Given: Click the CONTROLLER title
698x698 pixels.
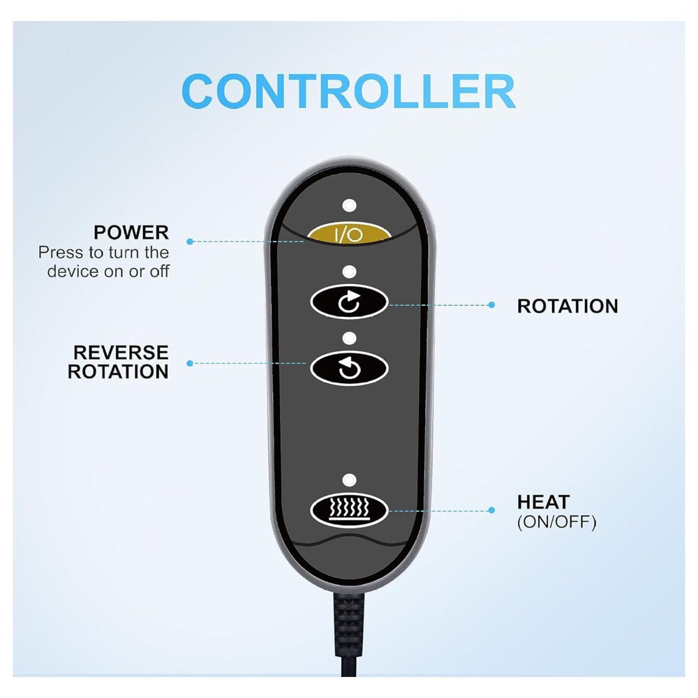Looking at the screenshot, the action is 348,91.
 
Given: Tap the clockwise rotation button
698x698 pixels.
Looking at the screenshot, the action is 349,302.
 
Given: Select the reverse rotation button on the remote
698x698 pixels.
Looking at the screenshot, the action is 349,368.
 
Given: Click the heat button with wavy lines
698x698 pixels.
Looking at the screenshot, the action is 349,510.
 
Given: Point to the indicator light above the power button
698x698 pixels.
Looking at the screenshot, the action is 350,205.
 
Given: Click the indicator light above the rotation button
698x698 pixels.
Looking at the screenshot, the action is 350,272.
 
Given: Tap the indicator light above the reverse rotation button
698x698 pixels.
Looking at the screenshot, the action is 350,338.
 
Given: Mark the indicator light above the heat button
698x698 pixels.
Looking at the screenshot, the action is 350,480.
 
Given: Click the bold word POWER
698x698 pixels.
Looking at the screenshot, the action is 131,232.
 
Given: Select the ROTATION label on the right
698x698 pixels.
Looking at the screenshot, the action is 567,306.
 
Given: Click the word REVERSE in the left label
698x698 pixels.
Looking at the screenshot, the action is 121,352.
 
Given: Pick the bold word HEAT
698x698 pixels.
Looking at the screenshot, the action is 544,502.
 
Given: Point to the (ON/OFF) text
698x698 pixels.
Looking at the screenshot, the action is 557,521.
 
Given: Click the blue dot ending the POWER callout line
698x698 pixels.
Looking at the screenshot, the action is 190,242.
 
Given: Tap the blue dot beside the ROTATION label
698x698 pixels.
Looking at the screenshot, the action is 491,305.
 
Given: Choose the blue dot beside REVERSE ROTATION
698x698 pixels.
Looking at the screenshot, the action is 190,363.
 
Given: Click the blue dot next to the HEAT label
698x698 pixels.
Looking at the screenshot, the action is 491,510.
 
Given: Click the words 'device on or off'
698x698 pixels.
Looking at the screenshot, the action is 108,271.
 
